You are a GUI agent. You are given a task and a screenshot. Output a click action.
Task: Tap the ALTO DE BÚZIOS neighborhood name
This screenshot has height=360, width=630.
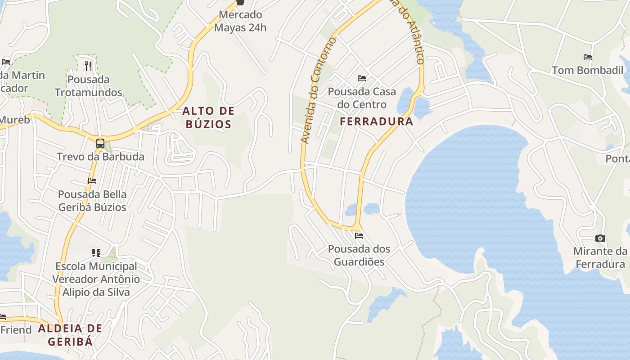tap(208, 117)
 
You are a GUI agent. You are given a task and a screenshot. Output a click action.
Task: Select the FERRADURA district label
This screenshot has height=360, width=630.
tap(376, 121)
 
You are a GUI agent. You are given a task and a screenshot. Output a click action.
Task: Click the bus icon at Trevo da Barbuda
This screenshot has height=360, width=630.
tap(100, 144)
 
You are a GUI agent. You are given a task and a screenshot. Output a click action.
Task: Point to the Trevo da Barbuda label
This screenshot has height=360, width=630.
tap(100, 157)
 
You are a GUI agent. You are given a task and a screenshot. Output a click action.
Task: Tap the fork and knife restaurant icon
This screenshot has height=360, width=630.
tap(88, 66)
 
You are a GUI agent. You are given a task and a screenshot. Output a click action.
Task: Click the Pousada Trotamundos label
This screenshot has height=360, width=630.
tap(88, 86)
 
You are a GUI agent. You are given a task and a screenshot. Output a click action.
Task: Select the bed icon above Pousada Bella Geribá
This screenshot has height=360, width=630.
tap(92, 181)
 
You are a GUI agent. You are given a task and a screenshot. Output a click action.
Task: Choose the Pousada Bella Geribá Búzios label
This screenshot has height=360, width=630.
tap(92, 201)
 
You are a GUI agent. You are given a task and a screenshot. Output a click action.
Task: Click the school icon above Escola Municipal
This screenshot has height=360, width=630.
tap(96, 253)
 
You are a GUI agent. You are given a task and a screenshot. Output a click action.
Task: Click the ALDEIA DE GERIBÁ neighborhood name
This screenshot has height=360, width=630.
tap(70, 335)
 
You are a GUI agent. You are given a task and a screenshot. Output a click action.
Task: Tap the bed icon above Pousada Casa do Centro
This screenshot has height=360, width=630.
tap(362, 78)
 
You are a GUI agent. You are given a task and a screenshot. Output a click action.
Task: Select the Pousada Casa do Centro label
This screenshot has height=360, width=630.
tap(362, 98)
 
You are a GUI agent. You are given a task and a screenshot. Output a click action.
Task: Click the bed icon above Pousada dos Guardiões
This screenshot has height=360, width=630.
tap(359, 235)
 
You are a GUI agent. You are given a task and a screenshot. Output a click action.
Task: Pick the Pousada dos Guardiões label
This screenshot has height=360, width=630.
tap(359, 255)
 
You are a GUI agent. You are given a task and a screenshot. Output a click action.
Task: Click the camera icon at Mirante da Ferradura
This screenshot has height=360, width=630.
tap(600, 238)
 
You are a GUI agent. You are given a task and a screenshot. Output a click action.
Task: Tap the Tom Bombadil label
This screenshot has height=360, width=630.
tap(588, 70)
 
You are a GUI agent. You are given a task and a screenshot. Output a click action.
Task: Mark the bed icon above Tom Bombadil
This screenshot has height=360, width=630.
tap(588, 57)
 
